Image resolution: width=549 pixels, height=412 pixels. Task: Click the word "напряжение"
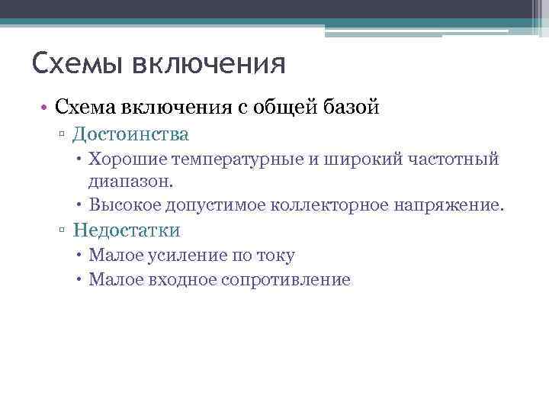[x=454, y=205]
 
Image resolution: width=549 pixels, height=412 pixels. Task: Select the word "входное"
[x=183, y=279]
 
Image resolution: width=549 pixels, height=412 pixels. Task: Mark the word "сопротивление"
[x=286, y=279]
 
